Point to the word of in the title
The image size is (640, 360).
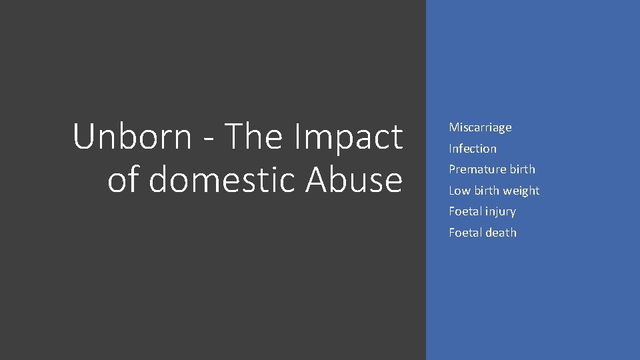124,179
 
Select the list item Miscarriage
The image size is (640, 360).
480,127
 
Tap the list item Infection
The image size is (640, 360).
473,149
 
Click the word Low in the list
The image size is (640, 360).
459,191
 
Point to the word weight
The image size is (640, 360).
521,191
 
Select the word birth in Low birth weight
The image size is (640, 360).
487,191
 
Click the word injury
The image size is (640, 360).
501,212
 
